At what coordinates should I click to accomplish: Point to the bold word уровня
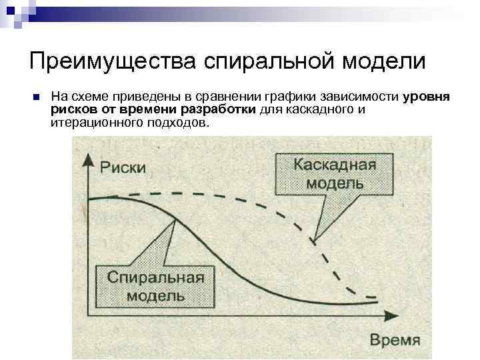tap(427, 97)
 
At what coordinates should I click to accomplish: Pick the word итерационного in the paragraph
tap(94, 123)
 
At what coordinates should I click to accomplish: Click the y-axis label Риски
tap(124, 167)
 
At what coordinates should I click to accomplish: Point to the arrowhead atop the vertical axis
tap(89, 157)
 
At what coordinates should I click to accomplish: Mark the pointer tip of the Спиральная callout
tap(174, 220)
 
